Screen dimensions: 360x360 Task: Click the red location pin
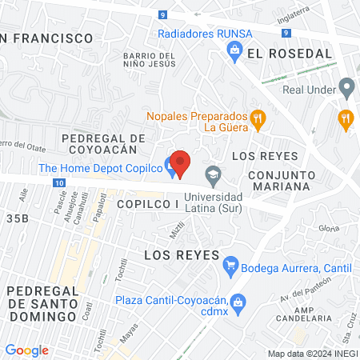pos(181,164)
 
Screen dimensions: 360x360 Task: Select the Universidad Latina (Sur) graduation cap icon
pos(213,173)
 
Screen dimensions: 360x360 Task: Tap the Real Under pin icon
pos(346,86)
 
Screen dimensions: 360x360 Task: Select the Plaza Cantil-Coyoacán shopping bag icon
pos(237,302)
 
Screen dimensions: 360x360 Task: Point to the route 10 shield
pos(61,183)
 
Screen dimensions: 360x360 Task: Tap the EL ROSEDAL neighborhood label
pos(290,53)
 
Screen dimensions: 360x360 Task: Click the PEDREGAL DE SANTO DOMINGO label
pos(42,304)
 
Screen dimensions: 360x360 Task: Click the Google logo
pos(27,350)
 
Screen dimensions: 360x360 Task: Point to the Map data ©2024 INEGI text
pos(311,354)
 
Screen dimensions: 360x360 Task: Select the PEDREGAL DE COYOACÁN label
pos(106,143)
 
